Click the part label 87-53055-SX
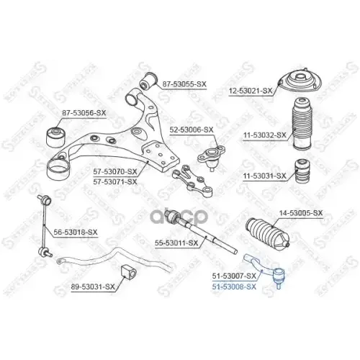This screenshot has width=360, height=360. coord(184,85)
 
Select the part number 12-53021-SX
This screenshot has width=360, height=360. coord(251,91)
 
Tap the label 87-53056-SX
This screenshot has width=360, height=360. coord(84,113)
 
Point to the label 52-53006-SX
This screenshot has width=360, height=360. coord(192,130)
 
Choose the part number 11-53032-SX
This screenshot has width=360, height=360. coord(264,135)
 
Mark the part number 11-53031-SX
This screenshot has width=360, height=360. coord(264,175)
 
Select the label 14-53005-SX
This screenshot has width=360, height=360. coord(301,213)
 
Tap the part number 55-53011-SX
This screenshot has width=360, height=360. coord(176,244)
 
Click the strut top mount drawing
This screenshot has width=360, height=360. coord(297,86)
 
